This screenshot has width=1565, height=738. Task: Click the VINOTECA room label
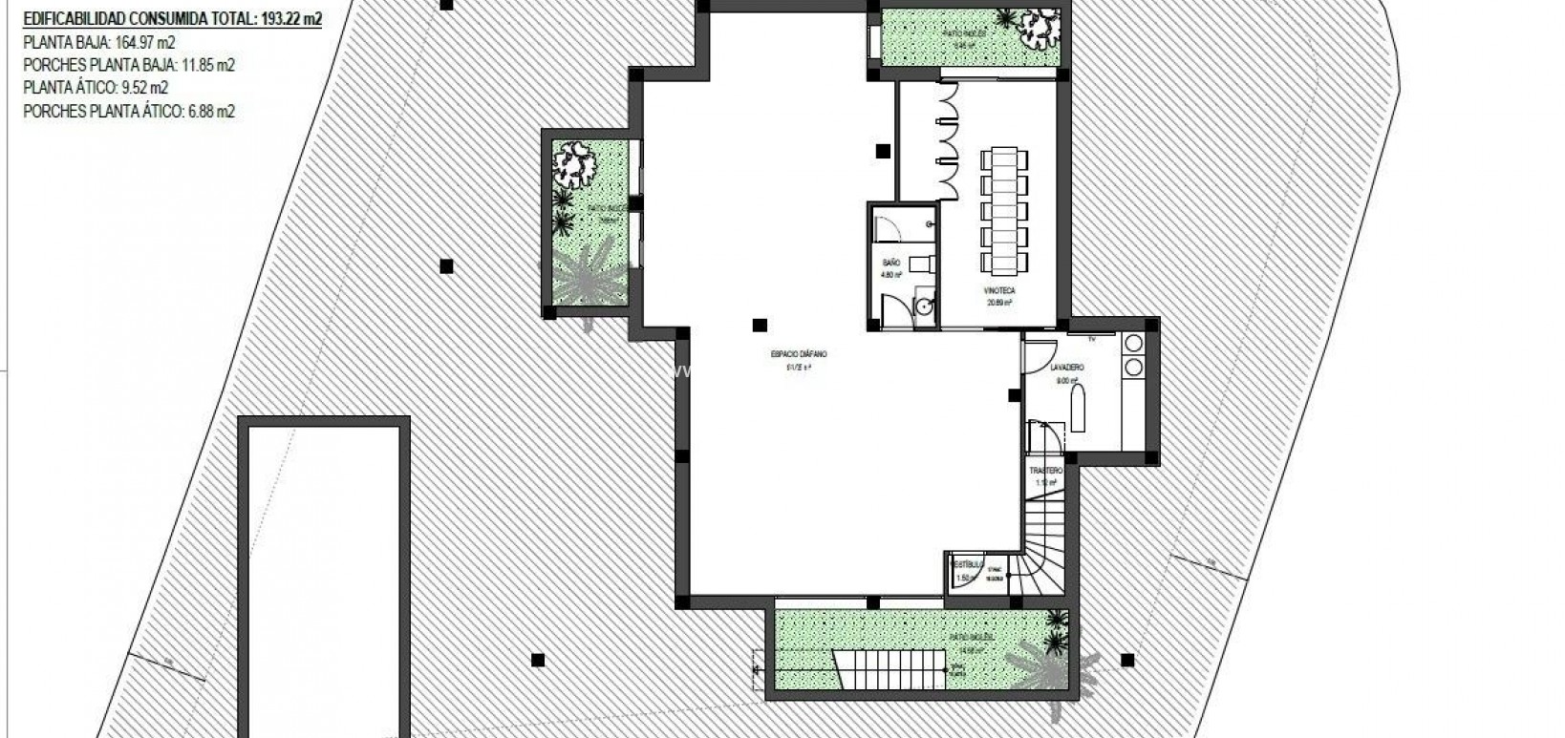coord(999,290)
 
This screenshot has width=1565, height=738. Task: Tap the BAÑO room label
coord(890,263)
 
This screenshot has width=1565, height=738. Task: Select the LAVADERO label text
coord(1066,368)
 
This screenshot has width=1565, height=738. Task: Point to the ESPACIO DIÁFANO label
coord(799,354)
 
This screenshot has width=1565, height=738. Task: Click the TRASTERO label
coord(1045,472)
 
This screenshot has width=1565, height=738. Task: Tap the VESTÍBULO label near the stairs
coord(963,564)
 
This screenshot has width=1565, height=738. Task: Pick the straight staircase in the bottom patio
coord(890,669)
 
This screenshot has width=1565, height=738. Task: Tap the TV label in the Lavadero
coord(1091,337)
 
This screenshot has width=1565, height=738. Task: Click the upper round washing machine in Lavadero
coord(1134,343)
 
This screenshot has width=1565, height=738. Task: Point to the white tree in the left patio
coord(576,163)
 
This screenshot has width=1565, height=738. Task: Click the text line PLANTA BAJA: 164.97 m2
coord(99,42)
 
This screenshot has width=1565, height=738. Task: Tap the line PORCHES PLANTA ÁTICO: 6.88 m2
coord(129,112)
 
